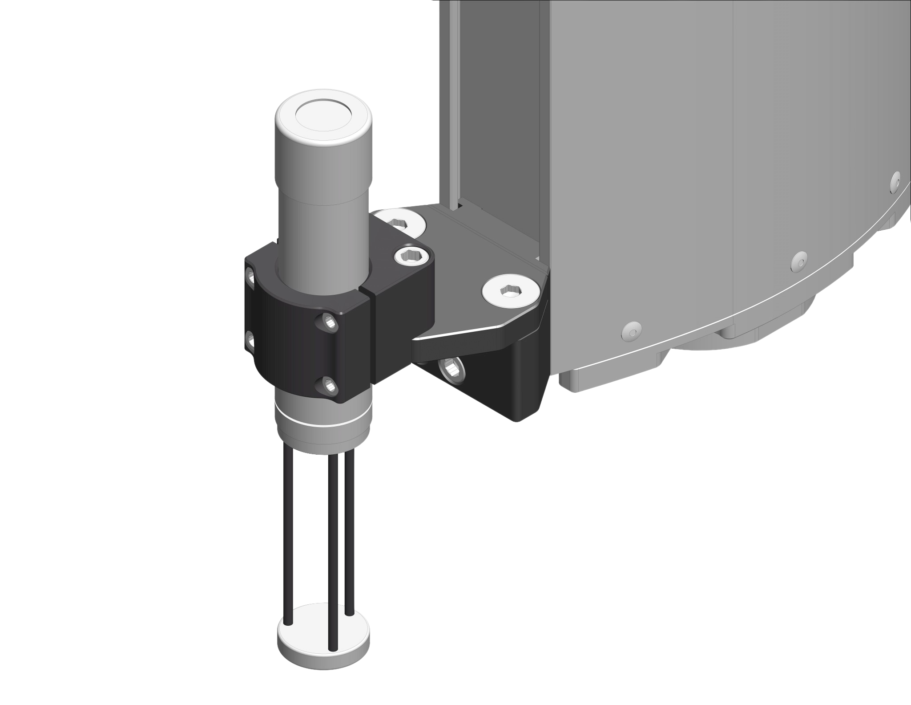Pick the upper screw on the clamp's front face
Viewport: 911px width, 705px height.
329,321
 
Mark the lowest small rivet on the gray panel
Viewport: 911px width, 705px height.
631,330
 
